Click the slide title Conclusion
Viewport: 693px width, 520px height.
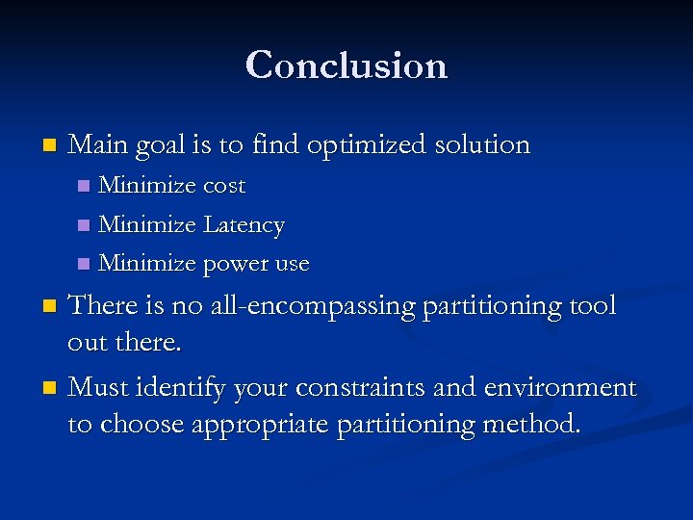[x=346, y=65]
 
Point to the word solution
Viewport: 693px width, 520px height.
[x=482, y=145]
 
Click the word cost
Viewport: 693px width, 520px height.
[x=223, y=186]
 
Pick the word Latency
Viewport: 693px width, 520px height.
[x=244, y=225]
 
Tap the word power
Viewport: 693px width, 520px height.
[x=236, y=264]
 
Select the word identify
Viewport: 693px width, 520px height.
[x=185, y=388]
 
